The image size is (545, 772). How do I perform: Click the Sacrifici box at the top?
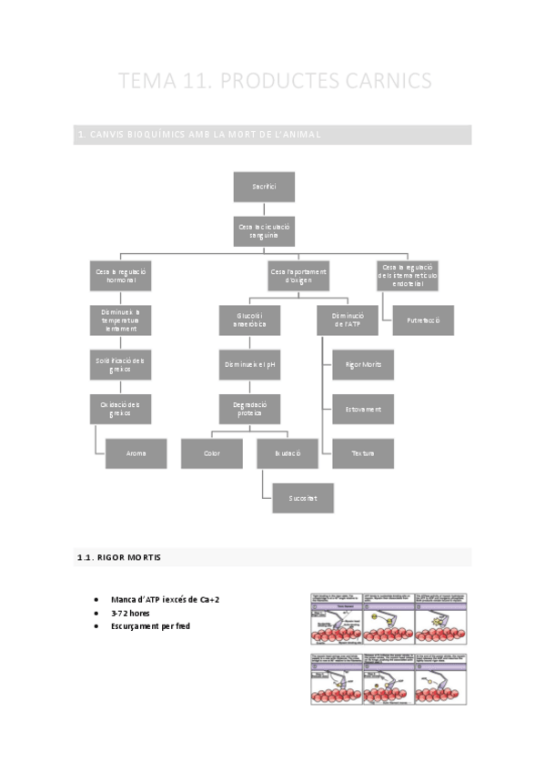pyautogui.click(x=264, y=187)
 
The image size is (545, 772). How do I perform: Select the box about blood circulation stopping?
pyautogui.click(x=264, y=230)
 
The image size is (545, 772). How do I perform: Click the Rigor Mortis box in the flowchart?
pyautogui.click(x=363, y=365)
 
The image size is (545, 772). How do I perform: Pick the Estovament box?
pyautogui.click(x=363, y=409)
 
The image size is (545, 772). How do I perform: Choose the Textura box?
pyautogui.click(x=363, y=452)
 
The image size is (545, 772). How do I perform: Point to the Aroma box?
pyautogui.click(x=136, y=452)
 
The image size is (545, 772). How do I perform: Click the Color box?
pyautogui.click(x=211, y=452)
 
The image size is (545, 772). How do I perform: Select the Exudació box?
pyautogui.click(x=288, y=452)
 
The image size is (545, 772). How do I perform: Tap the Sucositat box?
pyautogui.click(x=303, y=498)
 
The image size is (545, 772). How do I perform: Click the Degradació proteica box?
pyautogui.click(x=249, y=409)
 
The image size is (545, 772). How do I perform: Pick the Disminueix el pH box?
pyautogui.click(x=249, y=365)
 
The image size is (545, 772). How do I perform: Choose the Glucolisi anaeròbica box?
pyautogui.click(x=249, y=320)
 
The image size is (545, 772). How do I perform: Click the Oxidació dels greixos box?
pyautogui.click(x=120, y=409)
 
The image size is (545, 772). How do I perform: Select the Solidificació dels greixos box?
pyautogui.click(x=120, y=365)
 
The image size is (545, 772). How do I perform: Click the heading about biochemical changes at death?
pyautogui.click(x=199, y=135)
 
